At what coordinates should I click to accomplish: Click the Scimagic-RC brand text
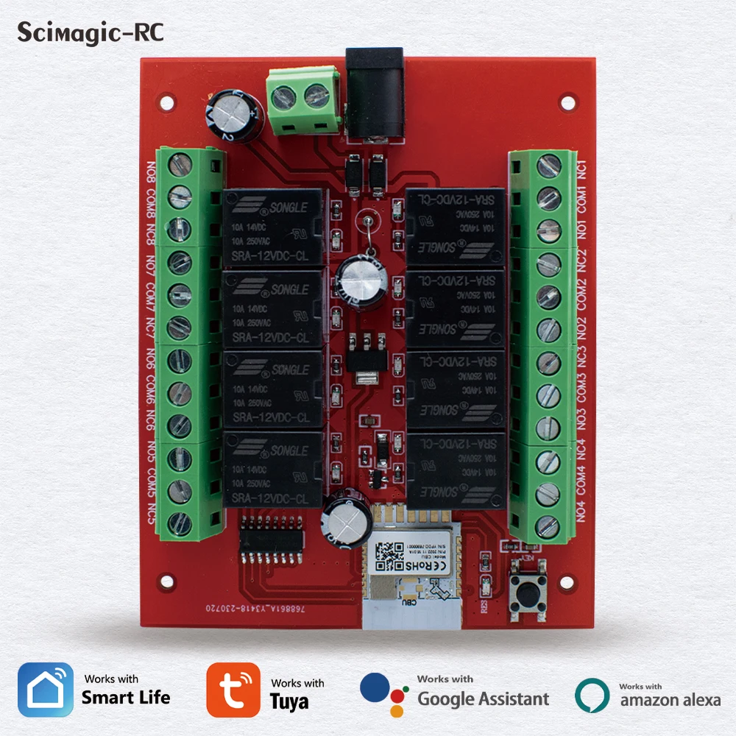pyautogui.click(x=91, y=32)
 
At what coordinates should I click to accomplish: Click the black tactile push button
pyautogui.click(x=528, y=588)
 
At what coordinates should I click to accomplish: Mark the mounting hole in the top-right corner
pyautogui.click(x=567, y=102)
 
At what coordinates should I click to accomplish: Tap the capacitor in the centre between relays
pyautogui.click(x=356, y=280)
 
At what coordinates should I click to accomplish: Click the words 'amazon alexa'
pyautogui.click(x=670, y=700)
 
